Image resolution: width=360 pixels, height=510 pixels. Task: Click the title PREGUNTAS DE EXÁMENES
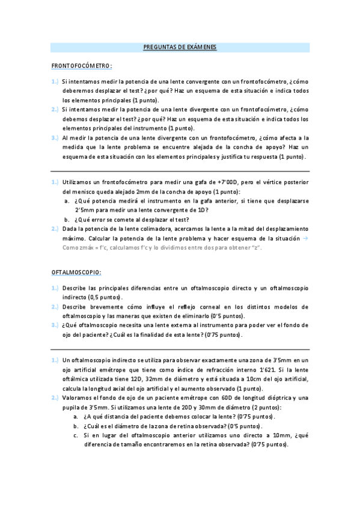tap(180, 47)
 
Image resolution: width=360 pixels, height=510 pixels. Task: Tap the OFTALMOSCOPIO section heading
tap(76, 272)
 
